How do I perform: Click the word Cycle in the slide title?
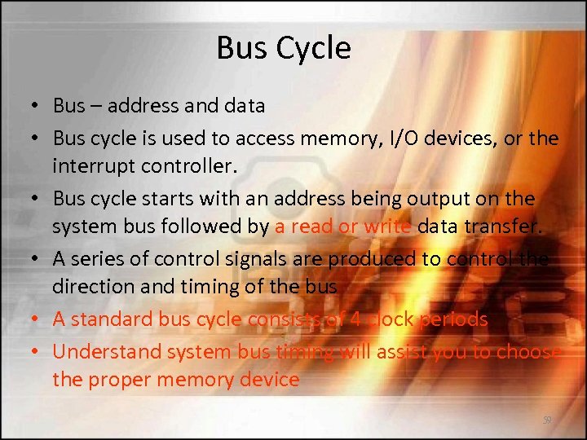click(314, 49)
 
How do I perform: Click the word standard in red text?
click(109, 319)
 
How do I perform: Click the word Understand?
click(107, 350)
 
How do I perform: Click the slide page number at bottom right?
click(547, 420)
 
